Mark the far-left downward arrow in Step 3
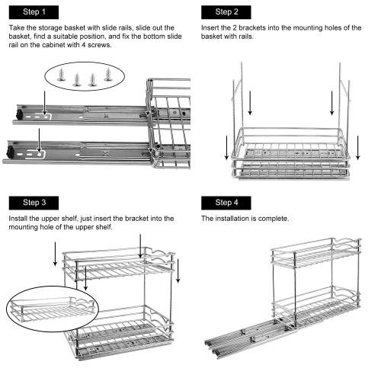pos(55,254)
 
